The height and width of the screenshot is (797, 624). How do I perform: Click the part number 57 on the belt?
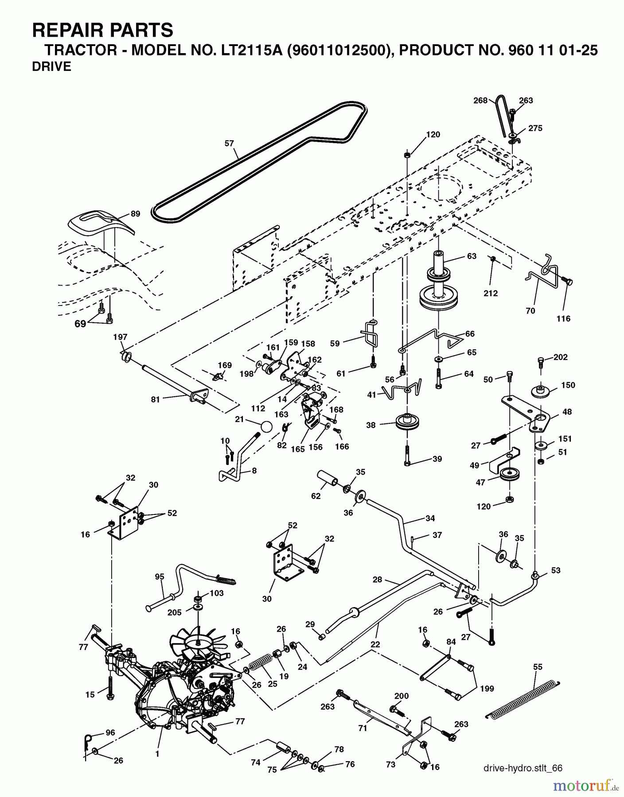tap(229, 143)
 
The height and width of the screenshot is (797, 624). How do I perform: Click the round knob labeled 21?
tap(266, 426)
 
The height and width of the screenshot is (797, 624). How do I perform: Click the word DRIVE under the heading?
tap(52, 67)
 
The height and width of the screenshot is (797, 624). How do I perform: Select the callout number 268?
tap(480, 101)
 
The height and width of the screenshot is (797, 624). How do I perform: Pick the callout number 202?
tap(561, 357)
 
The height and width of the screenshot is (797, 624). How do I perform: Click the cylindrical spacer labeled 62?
tap(328, 480)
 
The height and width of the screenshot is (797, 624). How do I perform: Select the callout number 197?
tap(120, 337)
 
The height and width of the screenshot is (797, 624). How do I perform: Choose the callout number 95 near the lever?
tap(160, 576)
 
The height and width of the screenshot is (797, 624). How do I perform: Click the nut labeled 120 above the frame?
tap(407, 155)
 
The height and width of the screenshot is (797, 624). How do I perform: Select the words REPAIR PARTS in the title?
tap(103, 30)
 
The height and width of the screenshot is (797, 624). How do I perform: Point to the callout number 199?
tap(487, 689)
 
